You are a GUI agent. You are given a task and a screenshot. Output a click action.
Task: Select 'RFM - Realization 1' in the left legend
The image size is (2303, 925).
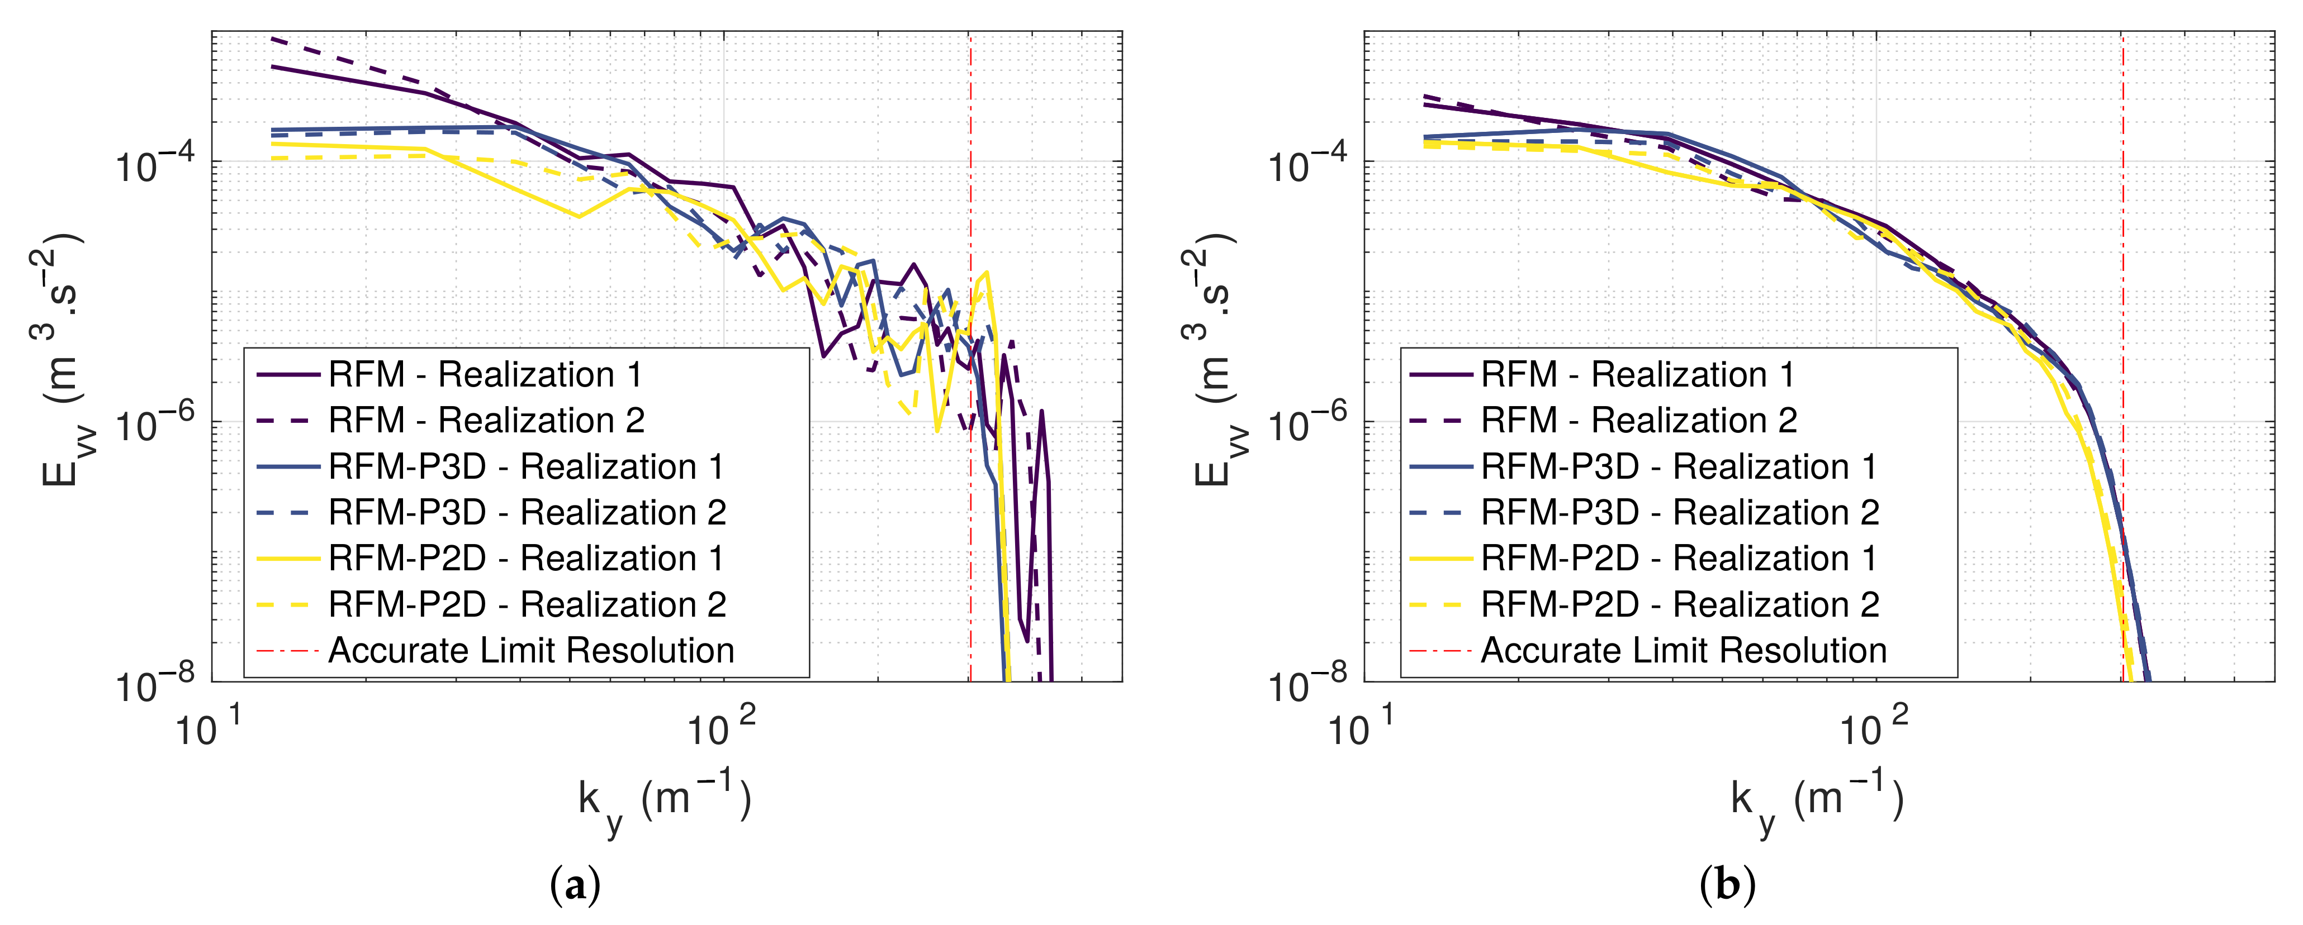tap(485, 374)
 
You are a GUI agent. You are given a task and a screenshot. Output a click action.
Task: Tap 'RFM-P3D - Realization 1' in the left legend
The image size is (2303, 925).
tap(525, 466)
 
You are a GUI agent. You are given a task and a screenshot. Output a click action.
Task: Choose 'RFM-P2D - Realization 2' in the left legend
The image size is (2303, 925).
tap(528, 604)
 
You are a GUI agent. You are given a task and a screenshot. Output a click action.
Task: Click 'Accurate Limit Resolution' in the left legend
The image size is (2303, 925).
tap(531, 651)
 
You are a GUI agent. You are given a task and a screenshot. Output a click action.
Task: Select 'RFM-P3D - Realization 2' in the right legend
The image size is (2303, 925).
tap(1679, 512)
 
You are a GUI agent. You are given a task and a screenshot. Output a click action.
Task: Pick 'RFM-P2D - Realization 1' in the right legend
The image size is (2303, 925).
tap(1678, 559)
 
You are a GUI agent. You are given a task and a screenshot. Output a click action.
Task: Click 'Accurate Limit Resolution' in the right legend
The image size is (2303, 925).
tap(1684, 651)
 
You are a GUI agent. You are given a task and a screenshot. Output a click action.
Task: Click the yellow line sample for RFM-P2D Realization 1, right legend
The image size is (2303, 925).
tap(1440, 559)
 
